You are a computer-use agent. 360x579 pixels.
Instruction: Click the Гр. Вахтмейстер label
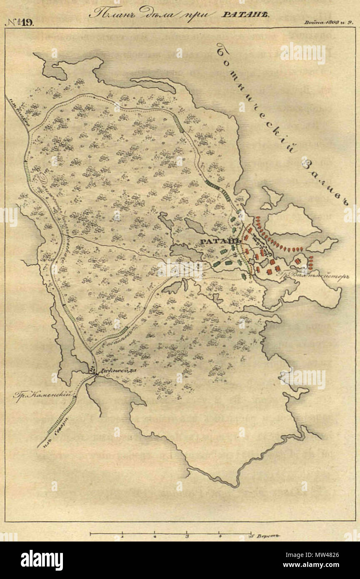[x=318, y=277]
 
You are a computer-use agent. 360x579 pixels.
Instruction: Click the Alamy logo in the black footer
[x=42, y=560]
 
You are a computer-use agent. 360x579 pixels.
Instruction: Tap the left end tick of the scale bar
[x=90, y=533]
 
